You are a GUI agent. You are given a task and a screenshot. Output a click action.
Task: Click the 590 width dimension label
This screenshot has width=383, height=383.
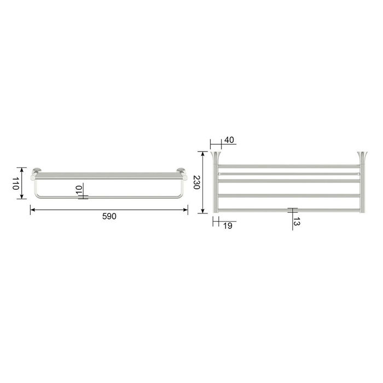pos(109,217)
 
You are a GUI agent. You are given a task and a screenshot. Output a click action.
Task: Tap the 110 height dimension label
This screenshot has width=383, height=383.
pos(16,183)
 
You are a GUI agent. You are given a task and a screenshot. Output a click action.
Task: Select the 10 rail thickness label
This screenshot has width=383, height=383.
pos(79,190)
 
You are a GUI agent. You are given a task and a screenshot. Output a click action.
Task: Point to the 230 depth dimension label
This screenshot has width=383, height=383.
pos(196,182)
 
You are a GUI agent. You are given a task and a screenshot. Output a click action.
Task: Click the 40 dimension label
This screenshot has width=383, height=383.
pos(229,140)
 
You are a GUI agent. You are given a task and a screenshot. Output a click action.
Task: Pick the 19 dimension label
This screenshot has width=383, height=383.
pos(228,226)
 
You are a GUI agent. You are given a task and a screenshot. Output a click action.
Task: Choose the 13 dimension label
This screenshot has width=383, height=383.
pos(297,221)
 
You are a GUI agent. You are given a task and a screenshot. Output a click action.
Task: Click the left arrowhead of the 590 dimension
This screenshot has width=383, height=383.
pos(32,210)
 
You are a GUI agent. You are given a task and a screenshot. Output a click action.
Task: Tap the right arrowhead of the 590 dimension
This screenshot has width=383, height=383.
pos(185,210)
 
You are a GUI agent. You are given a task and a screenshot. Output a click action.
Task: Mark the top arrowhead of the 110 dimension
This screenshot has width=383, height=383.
pos(22,170)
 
